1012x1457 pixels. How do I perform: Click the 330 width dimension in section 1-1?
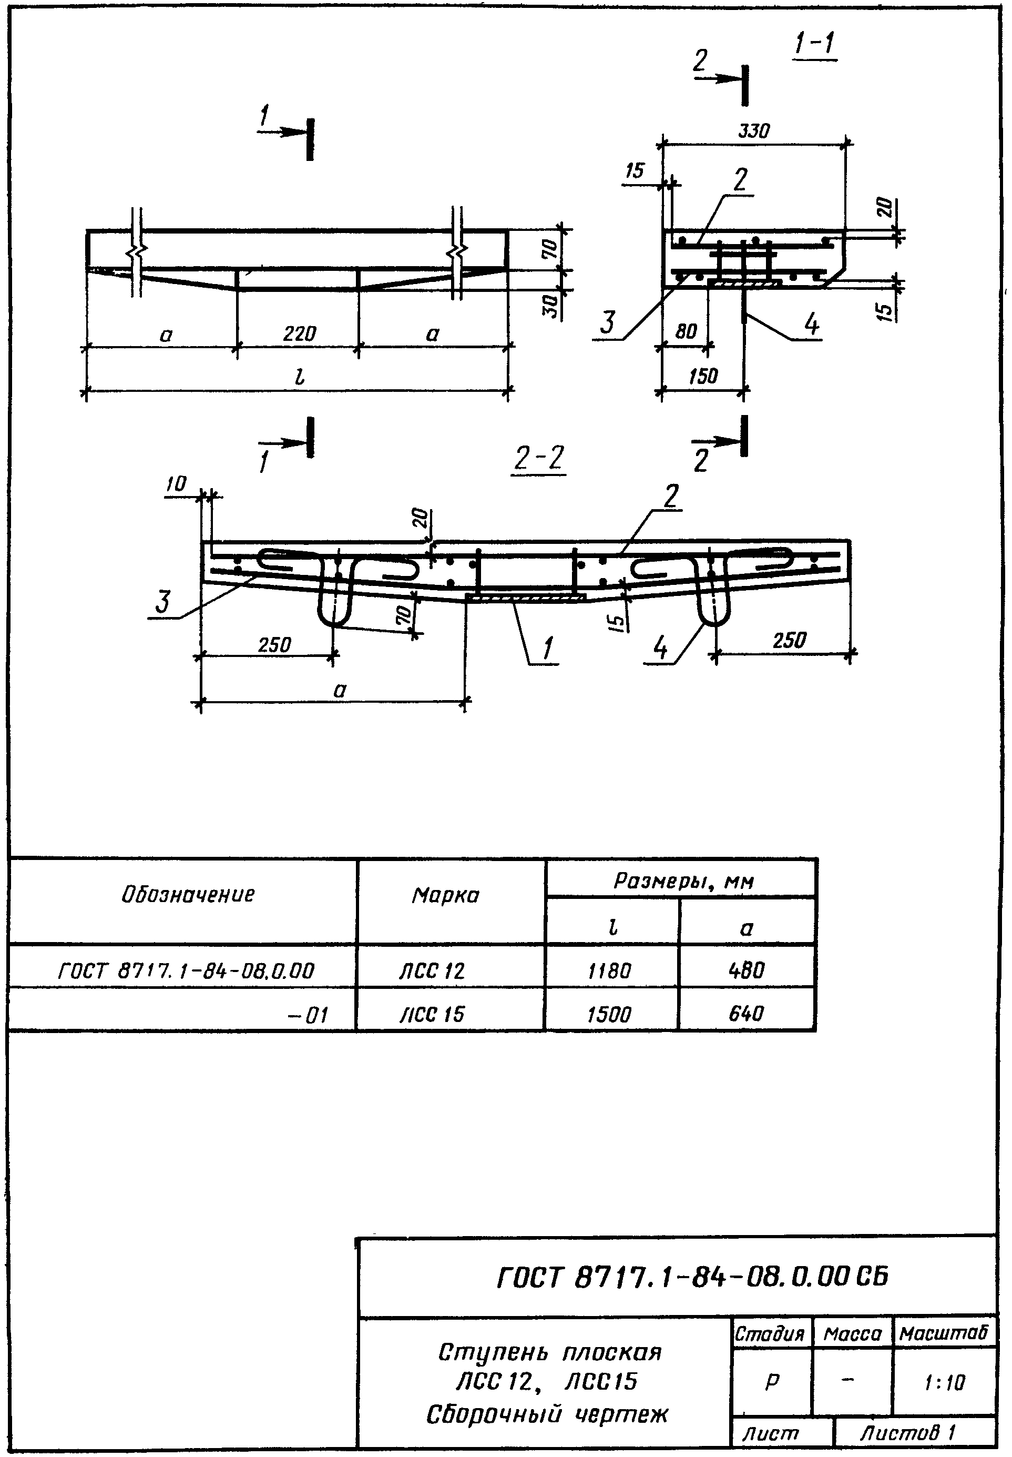[x=753, y=131]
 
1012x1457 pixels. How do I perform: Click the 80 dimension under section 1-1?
[x=686, y=331]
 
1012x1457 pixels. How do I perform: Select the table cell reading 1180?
[x=609, y=971]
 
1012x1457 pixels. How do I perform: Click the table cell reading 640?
[x=747, y=1013]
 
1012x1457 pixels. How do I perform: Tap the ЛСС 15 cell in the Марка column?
[x=432, y=1014]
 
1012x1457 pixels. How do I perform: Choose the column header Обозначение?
[x=188, y=894]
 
